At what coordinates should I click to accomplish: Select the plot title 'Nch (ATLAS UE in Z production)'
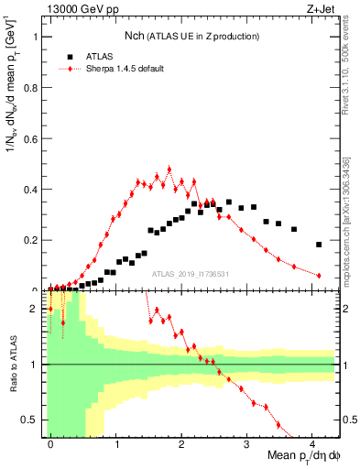192,36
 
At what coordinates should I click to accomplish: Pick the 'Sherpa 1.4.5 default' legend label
125,69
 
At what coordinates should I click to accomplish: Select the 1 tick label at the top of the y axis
36,38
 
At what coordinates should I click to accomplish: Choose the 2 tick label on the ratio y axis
36,309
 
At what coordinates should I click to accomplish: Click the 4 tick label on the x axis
311,443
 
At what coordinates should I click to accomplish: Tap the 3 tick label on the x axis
246,443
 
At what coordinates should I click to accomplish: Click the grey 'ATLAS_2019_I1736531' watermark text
191,273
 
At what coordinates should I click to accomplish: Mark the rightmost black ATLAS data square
319,245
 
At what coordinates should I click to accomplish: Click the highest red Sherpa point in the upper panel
169,169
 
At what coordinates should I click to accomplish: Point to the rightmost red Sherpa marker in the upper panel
319,276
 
